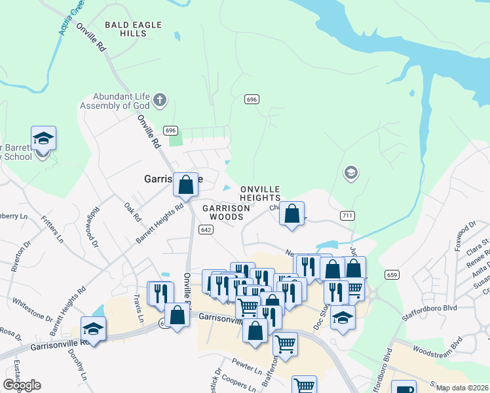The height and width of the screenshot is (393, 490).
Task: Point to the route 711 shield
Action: (x=348, y=215)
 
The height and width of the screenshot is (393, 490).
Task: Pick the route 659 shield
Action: (x=392, y=275)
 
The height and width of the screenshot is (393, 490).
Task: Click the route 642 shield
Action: (x=206, y=229)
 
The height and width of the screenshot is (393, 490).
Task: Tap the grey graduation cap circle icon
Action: (x=350, y=173)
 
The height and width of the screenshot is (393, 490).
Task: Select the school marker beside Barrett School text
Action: (x=43, y=140)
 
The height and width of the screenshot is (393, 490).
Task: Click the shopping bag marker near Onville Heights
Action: (x=292, y=214)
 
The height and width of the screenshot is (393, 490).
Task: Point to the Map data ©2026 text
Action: (x=462, y=388)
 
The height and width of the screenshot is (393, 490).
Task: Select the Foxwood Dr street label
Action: (x=468, y=233)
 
